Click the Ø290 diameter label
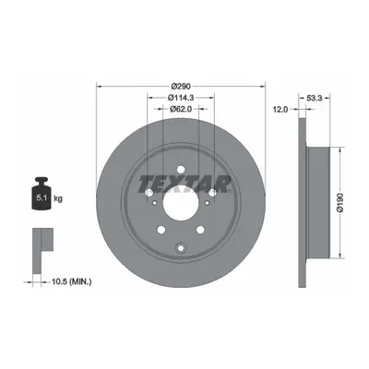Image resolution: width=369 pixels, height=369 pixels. [x=181, y=86]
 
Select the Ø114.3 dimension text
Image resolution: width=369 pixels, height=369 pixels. [x=181, y=98]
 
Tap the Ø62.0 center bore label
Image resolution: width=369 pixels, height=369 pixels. [x=181, y=109]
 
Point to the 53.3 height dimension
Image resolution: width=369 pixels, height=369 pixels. [x=315, y=98]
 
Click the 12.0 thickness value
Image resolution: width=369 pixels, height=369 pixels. [x=280, y=109]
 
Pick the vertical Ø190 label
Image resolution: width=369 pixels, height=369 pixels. [x=339, y=203]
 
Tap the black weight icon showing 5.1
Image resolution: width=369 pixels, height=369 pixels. [x=42, y=194]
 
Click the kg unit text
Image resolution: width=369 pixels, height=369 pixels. [x=58, y=198]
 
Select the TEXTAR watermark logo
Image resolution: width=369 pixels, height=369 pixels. [x=184, y=184]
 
